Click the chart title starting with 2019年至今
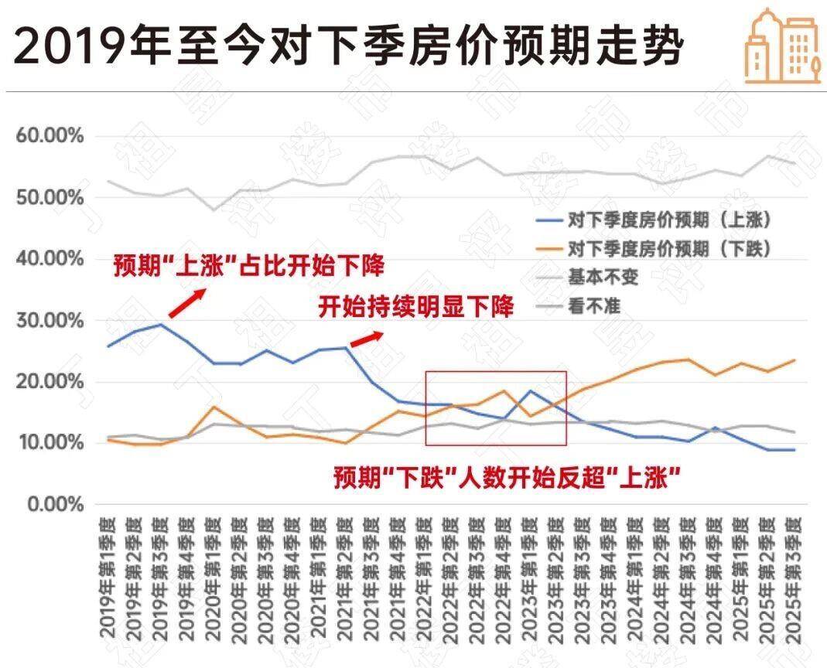[x=348, y=46]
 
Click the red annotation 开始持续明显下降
[x=416, y=307]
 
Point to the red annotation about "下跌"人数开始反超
[x=507, y=477]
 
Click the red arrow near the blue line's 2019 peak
[x=187, y=302]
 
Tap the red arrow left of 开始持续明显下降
[x=367, y=338]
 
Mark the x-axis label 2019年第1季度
[x=108, y=584]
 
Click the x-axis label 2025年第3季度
[x=793, y=584]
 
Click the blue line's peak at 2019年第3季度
[x=160, y=325]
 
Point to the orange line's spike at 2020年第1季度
[x=214, y=407]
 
